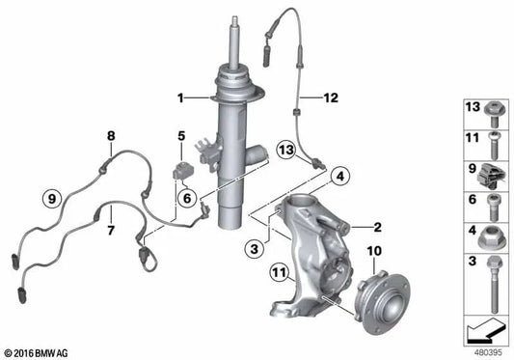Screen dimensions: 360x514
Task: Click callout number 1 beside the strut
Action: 179,97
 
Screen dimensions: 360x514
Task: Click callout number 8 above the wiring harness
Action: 111,136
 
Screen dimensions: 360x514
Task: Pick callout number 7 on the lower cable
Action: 111,232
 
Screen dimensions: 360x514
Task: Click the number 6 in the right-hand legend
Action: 473,200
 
